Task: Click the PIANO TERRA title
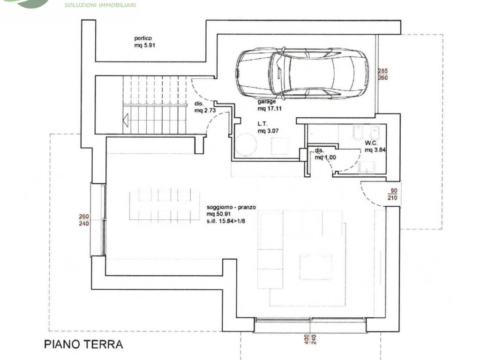point(83,345)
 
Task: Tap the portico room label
point(143,38)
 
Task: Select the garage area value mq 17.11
point(270,108)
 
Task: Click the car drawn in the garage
point(302,74)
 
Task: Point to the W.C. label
point(371,143)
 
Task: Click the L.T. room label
point(262,124)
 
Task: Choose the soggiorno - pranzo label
point(231,207)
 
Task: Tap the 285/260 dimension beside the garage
point(382,75)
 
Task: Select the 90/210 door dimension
point(392,195)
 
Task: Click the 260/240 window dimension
point(83,220)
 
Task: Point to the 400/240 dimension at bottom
point(309,339)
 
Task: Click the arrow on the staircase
point(126,120)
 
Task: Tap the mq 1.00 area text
point(325,157)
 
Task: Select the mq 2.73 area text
point(205,110)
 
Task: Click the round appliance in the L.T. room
point(246,144)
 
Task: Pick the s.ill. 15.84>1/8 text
point(226,221)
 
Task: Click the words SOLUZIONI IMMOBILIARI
point(100,5)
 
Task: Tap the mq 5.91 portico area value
point(145,45)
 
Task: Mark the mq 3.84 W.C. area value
point(375,150)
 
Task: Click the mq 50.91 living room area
point(218,214)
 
